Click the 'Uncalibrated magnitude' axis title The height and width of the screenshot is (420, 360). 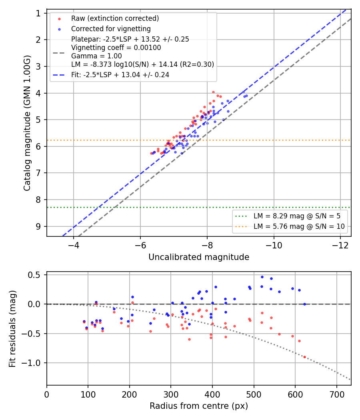(x=199, y=257)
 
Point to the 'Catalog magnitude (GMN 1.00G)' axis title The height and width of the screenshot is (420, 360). (x=27, y=123)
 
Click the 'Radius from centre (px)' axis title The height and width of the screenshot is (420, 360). (x=199, y=406)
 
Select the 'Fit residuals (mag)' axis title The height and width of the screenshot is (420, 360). (x=12, y=329)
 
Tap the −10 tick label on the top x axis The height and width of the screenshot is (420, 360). (x=274, y=245)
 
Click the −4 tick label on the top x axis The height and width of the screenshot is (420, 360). (x=73, y=245)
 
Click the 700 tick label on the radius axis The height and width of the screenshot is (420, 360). (x=337, y=394)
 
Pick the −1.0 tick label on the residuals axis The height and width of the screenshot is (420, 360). (x=31, y=363)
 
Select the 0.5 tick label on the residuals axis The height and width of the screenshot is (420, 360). (x=34, y=275)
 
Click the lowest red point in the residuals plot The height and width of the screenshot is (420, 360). (x=304, y=357)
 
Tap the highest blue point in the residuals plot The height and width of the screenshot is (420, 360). (x=262, y=277)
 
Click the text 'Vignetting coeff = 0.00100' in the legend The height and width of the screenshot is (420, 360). (x=116, y=48)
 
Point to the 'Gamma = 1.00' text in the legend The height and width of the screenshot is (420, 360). (x=96, y=56)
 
